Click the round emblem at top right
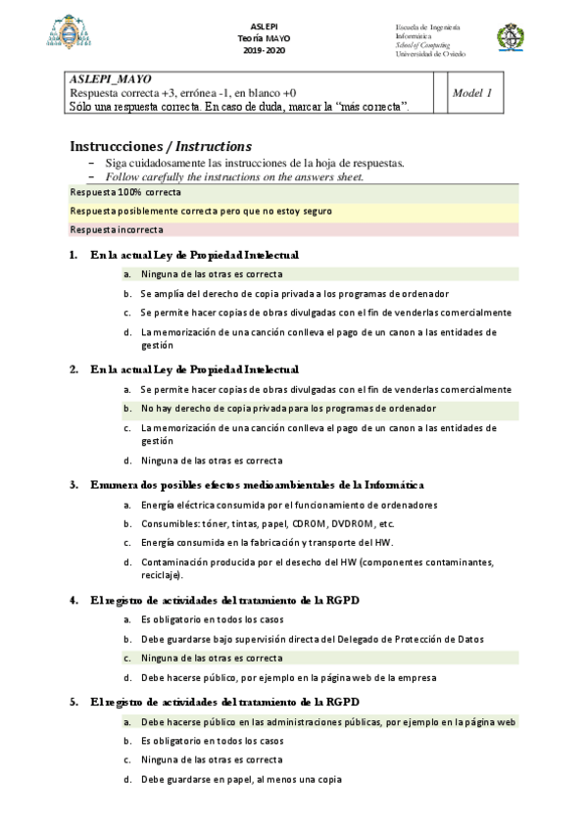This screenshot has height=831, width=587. (x=511, y=38)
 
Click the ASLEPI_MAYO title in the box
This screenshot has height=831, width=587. (x=111, y=78)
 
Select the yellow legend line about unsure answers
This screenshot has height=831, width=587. (x=201, y=211)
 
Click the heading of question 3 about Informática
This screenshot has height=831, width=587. (x=257, y=484)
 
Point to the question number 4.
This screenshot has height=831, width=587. (x=73, y=600)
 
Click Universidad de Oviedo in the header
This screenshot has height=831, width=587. (x=430, y=54)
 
